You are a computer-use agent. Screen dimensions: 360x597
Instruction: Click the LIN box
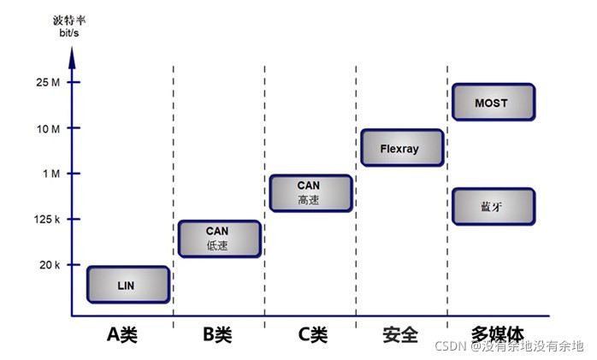[128, 285]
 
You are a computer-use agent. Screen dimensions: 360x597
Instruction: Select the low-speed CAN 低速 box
[219, 239]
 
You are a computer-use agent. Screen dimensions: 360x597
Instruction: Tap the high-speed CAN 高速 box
[310, 193]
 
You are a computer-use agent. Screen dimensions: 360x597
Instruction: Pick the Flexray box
[401, 148]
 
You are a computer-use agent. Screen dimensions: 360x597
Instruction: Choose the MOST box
[492, 103]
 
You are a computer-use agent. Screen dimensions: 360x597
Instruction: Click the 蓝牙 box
[492, 207]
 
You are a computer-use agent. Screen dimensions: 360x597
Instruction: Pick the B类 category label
[217, 334]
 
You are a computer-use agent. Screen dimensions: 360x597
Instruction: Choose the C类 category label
[312, 334]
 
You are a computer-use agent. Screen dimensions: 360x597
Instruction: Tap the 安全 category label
[401, 334]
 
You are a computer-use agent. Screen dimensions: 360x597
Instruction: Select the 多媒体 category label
[497, 334]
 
